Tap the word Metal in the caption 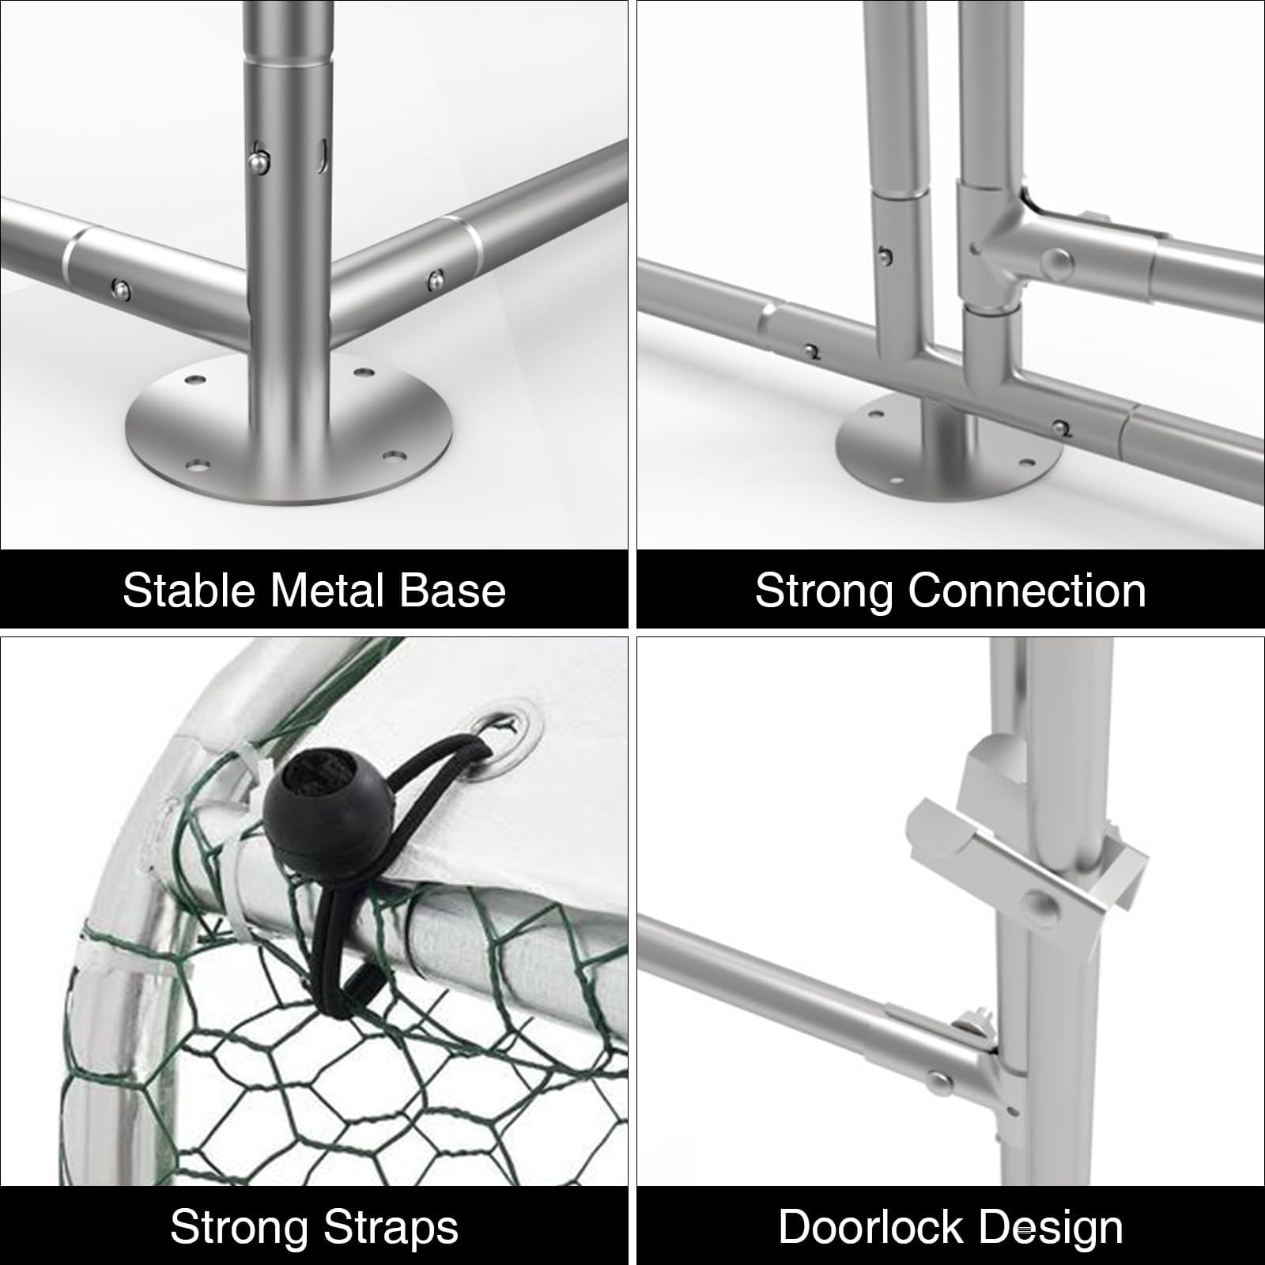(328, 591)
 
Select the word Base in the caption (452, 591)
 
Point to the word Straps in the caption (391, 1228)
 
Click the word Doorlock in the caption (871, 1228)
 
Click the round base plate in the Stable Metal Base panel (293, 431)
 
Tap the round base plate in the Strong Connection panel (949, 447)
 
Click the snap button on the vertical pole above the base (257, 161)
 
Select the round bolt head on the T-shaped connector (1057, 262)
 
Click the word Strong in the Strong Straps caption (240, 1228)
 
